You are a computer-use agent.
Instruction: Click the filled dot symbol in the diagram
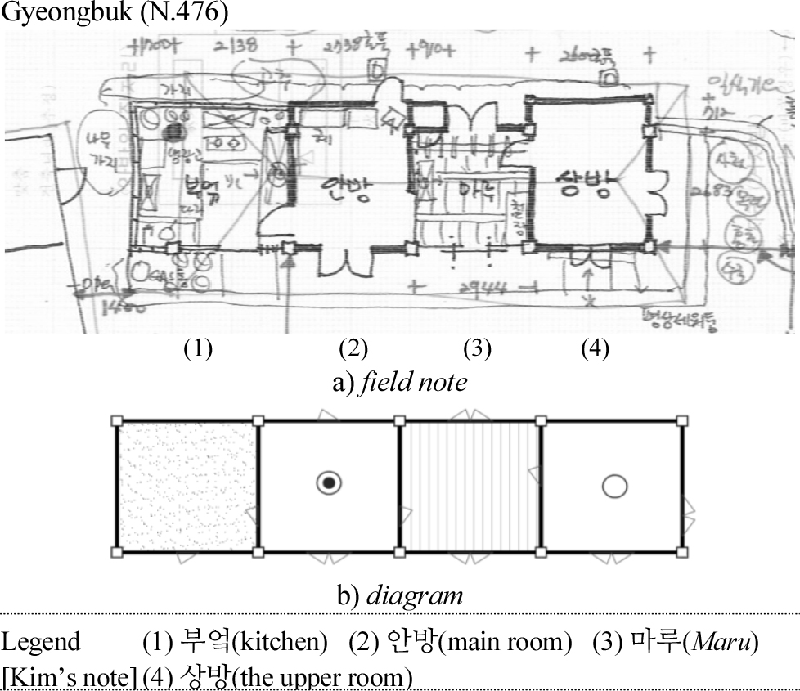[x=328, y=484]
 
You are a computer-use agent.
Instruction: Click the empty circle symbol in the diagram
[x=614, y=487]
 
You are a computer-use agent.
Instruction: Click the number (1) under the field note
[x=198, y=349]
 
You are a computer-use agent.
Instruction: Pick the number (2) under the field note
[x=353, y=349]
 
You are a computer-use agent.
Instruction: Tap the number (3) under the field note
[x=477, y=349]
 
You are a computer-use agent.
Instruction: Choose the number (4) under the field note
[x=595, y=349]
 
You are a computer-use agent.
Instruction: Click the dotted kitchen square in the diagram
[x=187, y=487]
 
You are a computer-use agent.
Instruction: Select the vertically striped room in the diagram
[x=470, y=487]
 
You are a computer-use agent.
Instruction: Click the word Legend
[x=41, y=642]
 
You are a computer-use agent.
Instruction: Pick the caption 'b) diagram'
[x=401, y=595]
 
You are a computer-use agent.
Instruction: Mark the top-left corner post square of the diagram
[x=117, y=421]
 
